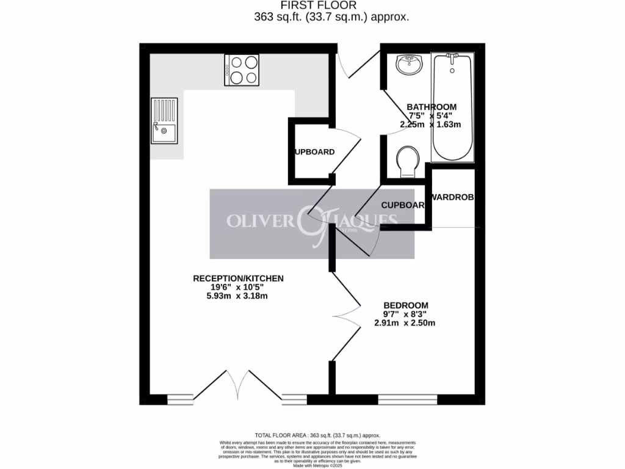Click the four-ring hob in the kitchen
pos(244,70)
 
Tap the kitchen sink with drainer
pos(165,121)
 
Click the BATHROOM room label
pos(432,107)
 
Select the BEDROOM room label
pos(405,305)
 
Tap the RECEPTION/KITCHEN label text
pos(238,278)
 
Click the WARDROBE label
pos(452,197)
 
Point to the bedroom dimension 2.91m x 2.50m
pos(405,323)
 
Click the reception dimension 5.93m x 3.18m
pos(239,296)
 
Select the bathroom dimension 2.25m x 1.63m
pos(430,124)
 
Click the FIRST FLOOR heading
pos(331,5)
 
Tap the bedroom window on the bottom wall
pos(407,399)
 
